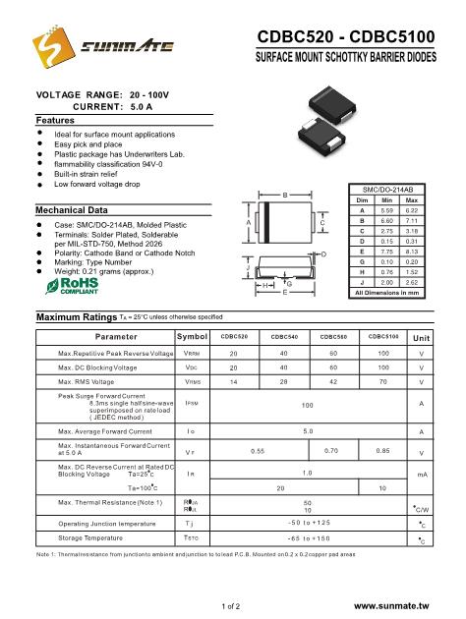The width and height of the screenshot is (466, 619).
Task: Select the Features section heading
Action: (49, 118)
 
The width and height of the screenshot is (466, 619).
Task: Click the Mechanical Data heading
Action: (72, 210)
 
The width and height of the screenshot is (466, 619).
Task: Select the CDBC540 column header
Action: (285, 337)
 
